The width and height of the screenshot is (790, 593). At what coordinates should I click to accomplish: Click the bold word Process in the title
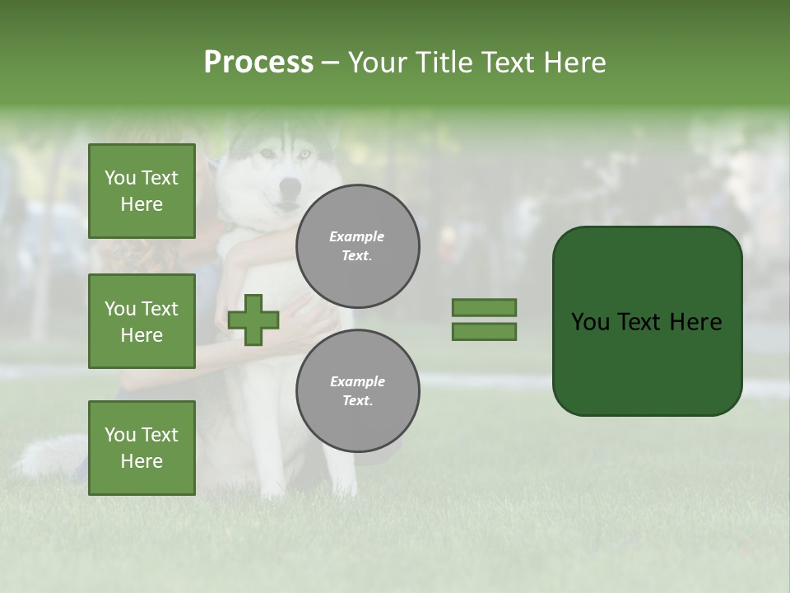point(258,63)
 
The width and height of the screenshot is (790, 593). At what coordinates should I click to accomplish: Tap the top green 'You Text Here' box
point(142,191)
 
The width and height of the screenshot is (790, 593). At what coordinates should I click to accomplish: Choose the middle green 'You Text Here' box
point(142,321)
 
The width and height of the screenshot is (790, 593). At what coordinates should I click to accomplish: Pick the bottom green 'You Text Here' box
point(142,447)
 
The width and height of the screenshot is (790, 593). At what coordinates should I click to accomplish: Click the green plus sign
point(253,320)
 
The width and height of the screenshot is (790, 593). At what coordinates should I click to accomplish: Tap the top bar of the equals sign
point(484,307)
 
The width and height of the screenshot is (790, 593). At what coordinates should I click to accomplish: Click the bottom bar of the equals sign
point(484,332)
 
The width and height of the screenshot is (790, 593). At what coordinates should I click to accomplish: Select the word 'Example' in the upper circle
point(356,236)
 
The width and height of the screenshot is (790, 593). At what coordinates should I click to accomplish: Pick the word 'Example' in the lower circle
point(357,381)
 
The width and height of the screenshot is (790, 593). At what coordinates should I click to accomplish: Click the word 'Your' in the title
point(375,63)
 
